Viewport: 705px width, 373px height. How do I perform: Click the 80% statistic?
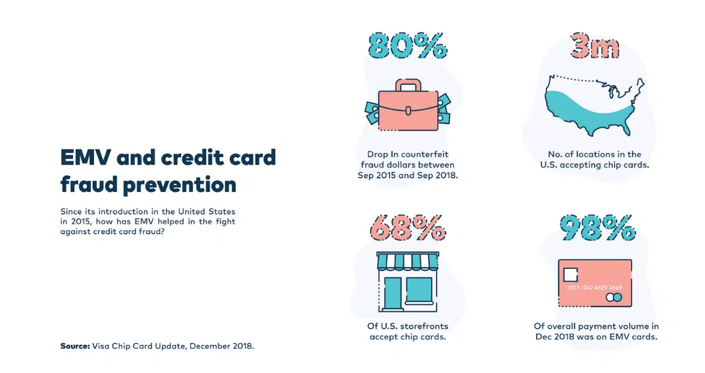pyautogui.click(x=408, y=46)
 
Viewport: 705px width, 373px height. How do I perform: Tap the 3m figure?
pyautogui.click(x=595, y=46)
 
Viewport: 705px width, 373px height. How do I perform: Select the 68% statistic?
pyautogui.click(x=408, y=228)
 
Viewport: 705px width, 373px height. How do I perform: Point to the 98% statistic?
pyautogui.click(x=597, y=228)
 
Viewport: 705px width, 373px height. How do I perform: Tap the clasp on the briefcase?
pyautogui.click(x=408, y=111)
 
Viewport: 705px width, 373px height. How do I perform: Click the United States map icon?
pyautogui.click(x=594, y=106)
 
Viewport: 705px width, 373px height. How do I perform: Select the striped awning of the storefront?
pyautogui.click(x=408, y=261)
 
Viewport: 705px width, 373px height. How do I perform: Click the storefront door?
pyautogui.click(x=393, y=293)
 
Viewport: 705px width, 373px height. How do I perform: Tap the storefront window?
pyautogui.click(x=419, y=290)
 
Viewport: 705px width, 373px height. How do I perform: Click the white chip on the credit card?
pyautogui.click(x=570, y=275)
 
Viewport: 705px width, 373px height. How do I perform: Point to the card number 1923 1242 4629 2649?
pyautogui.click(x=595, y=287)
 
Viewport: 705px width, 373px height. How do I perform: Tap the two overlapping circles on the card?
pyautogui.click(x=614, y=297)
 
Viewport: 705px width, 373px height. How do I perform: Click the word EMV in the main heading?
pyautogui.click(x=86, y=157)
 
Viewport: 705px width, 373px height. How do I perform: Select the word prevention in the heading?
pyautogui.click(x=180, y=185)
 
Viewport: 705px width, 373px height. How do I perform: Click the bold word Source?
pyautogui.click(x=75, y=346)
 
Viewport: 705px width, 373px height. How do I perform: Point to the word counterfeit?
pyautogui.click(x=425, y=154)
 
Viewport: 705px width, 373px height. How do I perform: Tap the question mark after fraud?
pyautogui.click(x=162, y=231)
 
